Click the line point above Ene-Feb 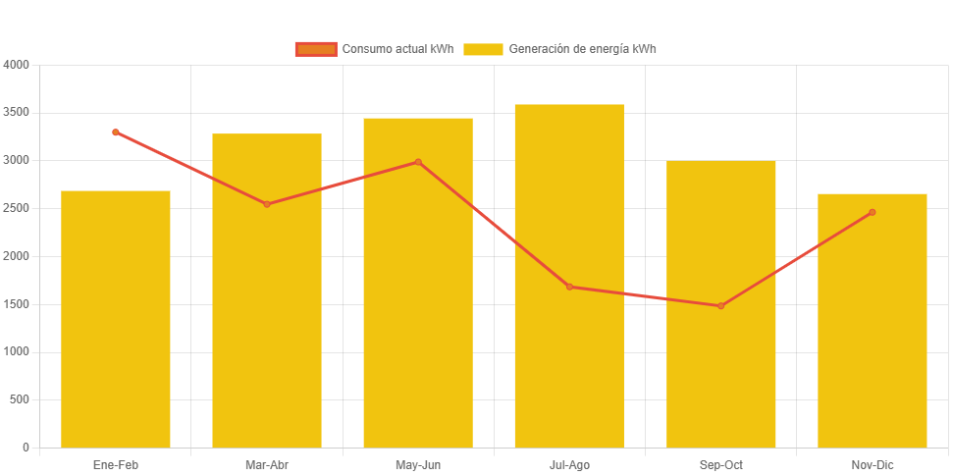[116, 132]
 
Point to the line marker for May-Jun [418, 162]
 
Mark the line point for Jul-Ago [569, 287]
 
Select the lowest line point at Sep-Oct [720, 306]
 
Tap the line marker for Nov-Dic [872, 212]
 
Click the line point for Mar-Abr [267, 204]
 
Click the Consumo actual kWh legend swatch [315, 49]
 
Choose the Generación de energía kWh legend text [582, 49]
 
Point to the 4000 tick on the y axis [17, 65]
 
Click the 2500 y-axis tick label [17, 208]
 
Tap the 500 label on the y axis [21, 399]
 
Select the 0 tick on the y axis [26, 448]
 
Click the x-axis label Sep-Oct [720, 465]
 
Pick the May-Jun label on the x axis [418, 465]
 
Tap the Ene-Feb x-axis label [116, 465]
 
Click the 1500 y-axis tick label [17, 304]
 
